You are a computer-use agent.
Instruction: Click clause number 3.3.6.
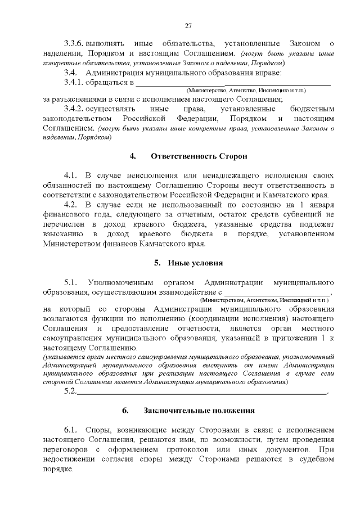(x=74, y=43)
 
